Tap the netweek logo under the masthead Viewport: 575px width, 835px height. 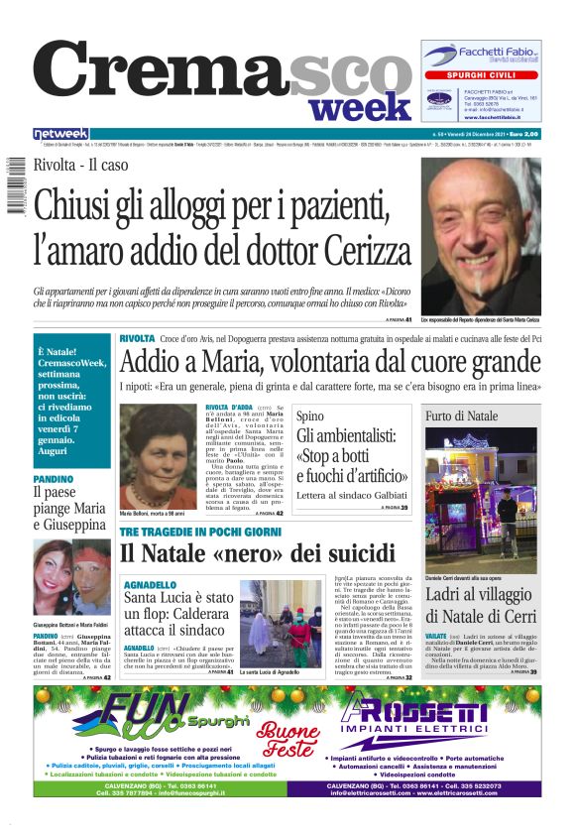point(60,133)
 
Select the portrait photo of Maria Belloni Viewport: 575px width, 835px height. point(159,455)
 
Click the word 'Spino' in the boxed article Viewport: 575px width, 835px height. point(309,417)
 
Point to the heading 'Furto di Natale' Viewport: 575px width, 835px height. point(462,417)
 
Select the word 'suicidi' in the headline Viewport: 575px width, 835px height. point(361,554)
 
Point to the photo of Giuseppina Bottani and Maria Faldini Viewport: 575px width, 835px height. point(71,576)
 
